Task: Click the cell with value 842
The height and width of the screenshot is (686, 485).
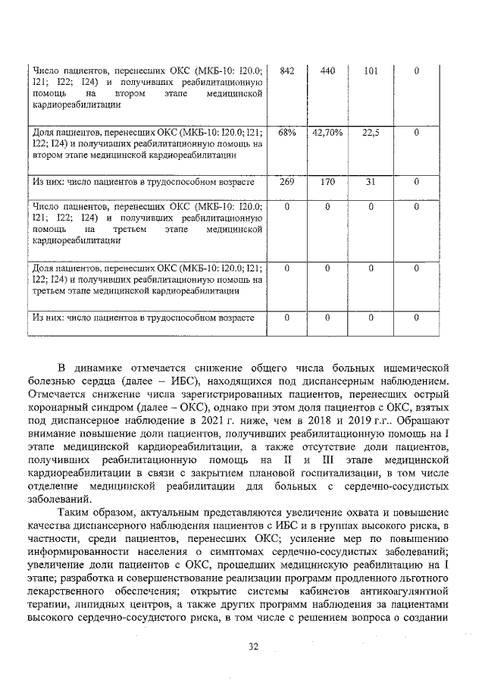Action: (x=286, y=71)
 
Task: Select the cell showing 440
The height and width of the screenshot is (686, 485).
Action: (x=327, y=71)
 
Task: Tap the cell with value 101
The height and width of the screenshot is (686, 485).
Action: (x=371, y=71)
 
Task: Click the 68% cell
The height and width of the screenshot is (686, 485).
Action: (x=286, y=133)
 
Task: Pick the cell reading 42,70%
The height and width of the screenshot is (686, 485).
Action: (x=327, y=133)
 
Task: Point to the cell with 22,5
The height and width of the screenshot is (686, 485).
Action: (x=371, y=133)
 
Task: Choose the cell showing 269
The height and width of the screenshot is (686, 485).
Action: (x=286, y=182)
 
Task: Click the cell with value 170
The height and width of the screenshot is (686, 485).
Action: (x=327, y=182)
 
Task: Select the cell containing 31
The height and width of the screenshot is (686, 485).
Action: (x=371, y=182)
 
